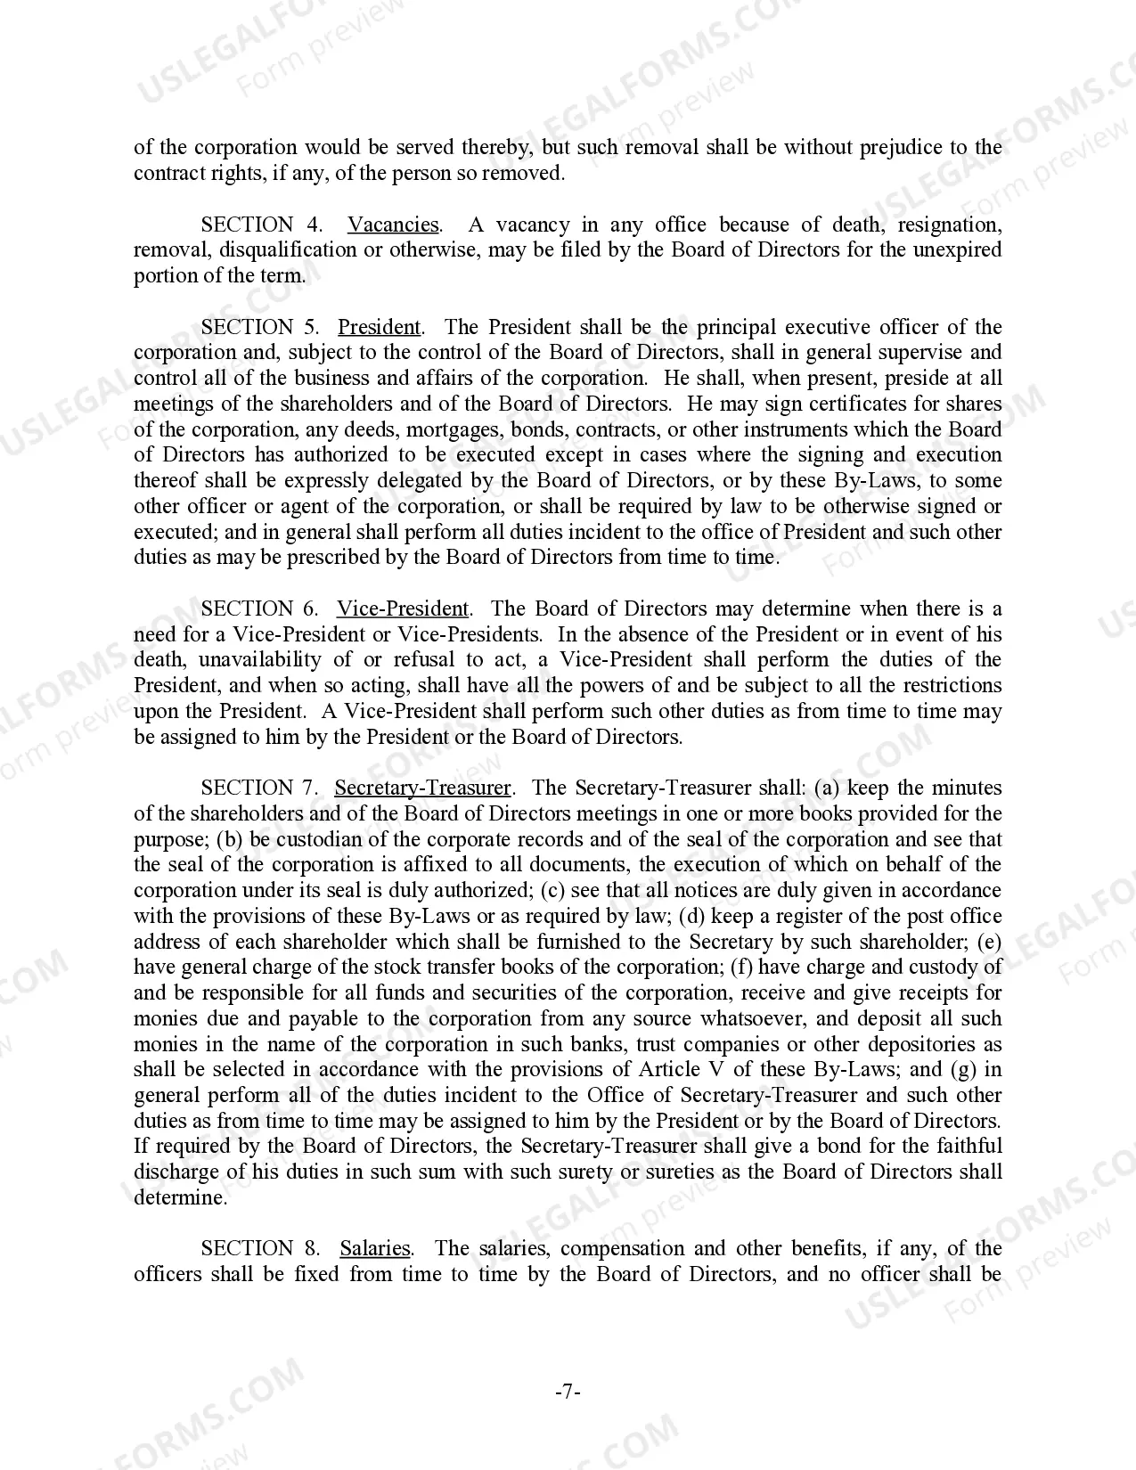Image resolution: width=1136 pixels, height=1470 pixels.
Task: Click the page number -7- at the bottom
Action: point(568,1392)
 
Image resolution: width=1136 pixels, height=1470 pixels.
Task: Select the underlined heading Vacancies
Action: point(393,225)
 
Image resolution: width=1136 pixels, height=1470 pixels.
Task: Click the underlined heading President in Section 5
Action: point(379,327)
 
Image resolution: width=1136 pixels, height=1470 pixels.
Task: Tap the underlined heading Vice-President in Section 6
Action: point(402,608)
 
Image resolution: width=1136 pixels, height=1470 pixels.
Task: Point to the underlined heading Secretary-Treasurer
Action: point(422,788)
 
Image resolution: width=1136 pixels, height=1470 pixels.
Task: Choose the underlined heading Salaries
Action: point(375,1248)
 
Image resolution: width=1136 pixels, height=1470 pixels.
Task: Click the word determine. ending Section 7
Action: point(180,1197)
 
